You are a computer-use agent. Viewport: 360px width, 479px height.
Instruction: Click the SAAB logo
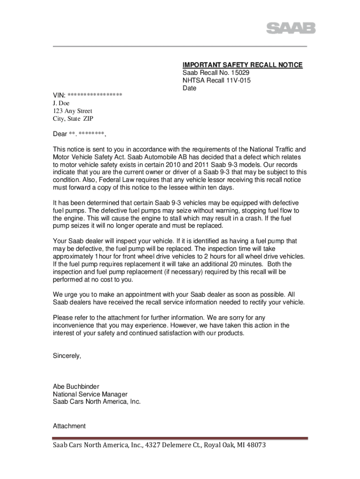click(291, 28)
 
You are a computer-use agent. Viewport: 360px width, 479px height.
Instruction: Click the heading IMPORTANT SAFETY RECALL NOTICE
click(242, 65)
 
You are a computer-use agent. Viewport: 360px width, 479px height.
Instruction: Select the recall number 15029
click(240, 73)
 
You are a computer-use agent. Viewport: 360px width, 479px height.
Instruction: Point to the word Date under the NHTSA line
click(189, 88)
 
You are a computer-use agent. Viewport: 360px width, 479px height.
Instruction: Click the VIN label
click(59, 96)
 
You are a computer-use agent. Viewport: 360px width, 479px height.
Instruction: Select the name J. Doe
click(61, 103)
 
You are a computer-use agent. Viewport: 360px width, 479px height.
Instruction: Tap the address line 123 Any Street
click(72, 111)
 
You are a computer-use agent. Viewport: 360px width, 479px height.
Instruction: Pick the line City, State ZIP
click(73, 119)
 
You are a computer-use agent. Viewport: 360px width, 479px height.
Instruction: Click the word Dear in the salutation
click(60, 134)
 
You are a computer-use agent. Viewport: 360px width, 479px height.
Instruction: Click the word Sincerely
click(67, 356)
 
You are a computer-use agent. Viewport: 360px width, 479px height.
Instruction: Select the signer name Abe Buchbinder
click(76, 386)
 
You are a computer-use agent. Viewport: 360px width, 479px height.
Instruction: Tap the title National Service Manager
click(90, 394)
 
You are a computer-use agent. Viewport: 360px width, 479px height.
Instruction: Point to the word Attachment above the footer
click(69, 426)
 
